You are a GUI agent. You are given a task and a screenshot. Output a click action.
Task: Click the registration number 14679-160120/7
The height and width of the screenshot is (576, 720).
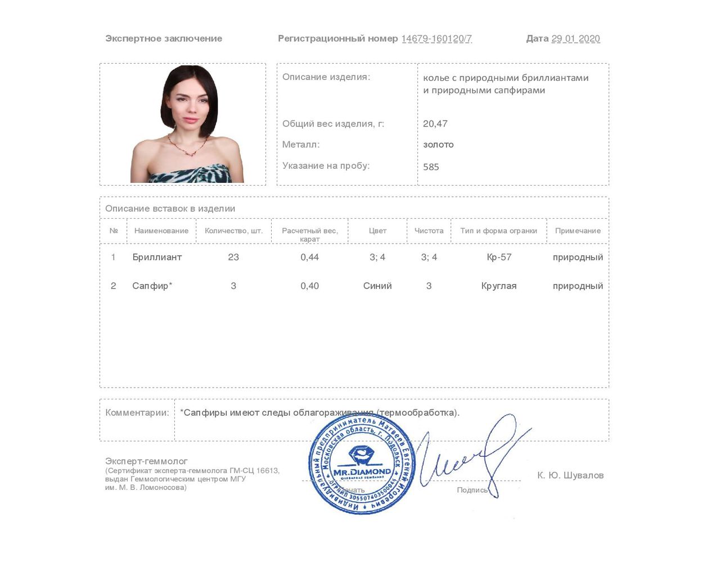tap(436, 39)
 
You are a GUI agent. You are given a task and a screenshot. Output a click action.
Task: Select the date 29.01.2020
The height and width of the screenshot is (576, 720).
tap(575, 39)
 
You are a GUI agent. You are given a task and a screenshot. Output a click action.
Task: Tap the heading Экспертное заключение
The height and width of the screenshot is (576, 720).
tap(164, 39)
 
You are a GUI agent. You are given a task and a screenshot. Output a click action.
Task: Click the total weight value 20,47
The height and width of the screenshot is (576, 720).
tap(435, 124)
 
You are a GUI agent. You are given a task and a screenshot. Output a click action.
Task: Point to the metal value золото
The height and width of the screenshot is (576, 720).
tap(438, 145)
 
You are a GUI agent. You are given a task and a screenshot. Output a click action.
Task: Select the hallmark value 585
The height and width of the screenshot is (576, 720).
tap(431, 166)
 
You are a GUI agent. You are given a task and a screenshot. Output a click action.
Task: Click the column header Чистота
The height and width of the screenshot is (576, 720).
tap(429, 231)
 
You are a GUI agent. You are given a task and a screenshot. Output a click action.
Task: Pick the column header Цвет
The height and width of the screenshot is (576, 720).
tap(377, 231)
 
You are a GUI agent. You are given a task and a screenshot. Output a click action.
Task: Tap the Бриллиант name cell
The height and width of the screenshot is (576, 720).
tap(157, 257)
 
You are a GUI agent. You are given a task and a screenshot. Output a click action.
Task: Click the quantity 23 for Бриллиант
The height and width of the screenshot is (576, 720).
tap(233, 257)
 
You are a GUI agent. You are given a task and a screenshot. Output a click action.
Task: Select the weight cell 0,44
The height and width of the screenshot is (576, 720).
tap(309, 257)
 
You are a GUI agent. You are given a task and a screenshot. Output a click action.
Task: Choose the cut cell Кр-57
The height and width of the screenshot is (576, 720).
tap(499, 257)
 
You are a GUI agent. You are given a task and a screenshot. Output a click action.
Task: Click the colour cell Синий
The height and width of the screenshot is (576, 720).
tap(377, 286)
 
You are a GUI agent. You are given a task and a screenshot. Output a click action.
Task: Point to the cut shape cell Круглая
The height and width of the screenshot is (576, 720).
tap(499, 286)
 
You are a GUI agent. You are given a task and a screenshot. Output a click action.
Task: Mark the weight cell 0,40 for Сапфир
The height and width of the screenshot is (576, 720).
tap(309, 286)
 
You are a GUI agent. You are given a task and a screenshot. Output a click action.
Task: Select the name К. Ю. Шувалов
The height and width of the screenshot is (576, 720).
tap(570, 475)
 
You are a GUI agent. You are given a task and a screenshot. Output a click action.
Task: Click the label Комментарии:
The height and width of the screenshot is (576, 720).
tap(137, 412)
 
